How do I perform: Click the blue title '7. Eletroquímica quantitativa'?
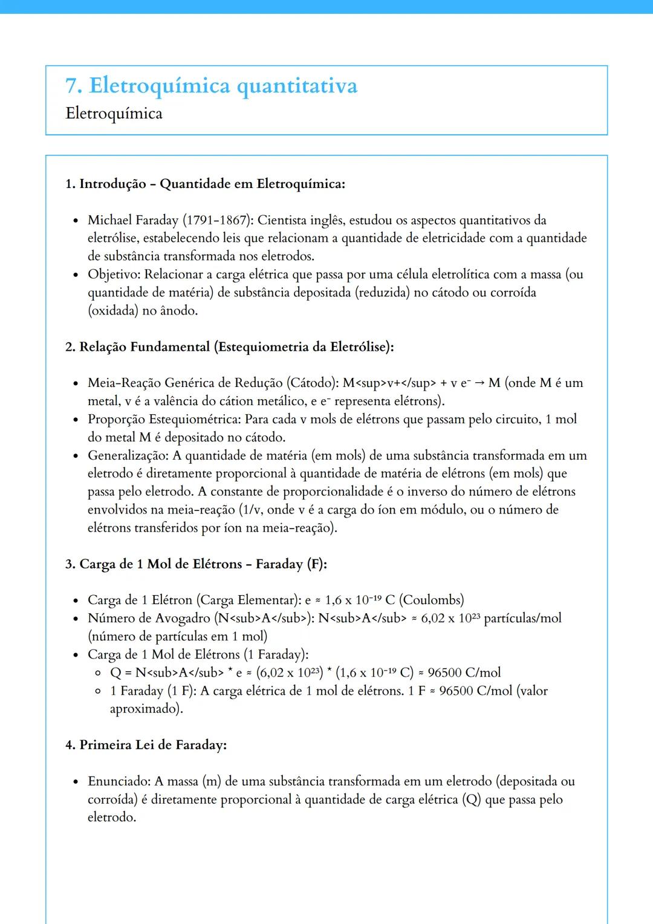click(211, 86)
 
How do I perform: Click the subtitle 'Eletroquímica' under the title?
click(114, 114)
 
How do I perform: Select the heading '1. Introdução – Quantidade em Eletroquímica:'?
click(205, 184)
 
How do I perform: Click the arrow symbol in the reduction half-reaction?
click(479, 383)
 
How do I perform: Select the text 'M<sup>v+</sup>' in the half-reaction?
click(389, 383)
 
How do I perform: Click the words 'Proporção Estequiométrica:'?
click(164, 419)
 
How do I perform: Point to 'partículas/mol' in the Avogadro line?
click(522, 618)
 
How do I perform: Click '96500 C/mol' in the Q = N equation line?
click(464, 672)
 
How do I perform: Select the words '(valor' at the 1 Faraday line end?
click(531, 691)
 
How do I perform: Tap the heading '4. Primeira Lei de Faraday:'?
click(146, 745)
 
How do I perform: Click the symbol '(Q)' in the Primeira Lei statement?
click(472, 799)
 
